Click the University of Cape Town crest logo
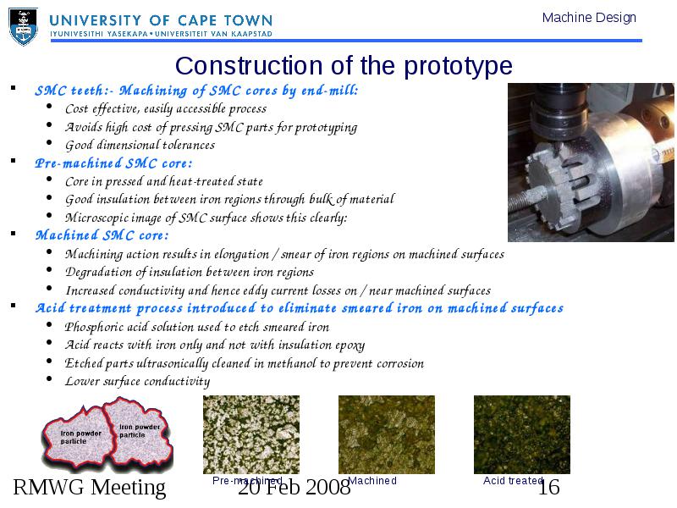[x=24, y=27]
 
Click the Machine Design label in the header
[x=589, y=18]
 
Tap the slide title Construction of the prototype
[x=344, y=66]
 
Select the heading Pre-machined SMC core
[x=113, y=163]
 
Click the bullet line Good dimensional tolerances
[x=140, y=145]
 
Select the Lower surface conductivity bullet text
[x=137, y=381]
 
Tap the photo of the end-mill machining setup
[x=591, y=163]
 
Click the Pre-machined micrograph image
[x=251, y=434]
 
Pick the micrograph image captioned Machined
[x=387, y=434]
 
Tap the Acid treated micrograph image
[x=522, y=434]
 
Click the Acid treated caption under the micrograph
[x=513, y=480]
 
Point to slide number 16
[x=549, y=488]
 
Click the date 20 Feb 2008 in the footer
[x=294, y=488]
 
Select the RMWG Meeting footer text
[x=90, y=488]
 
